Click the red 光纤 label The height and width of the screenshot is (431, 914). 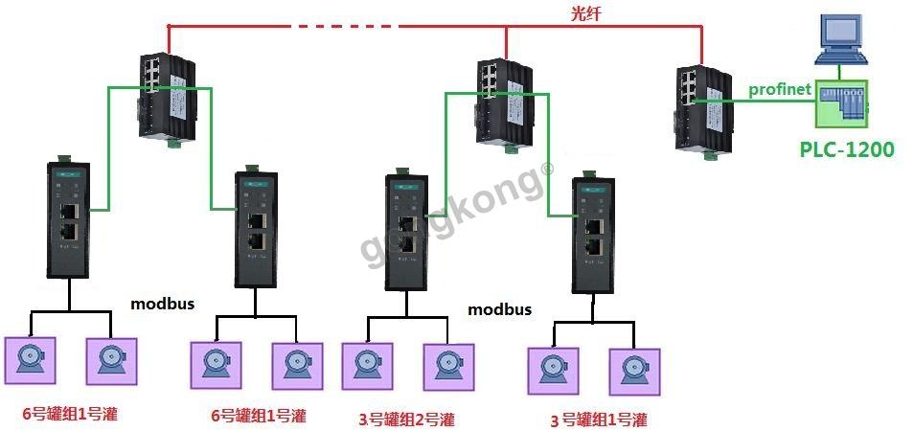tap(585, 14)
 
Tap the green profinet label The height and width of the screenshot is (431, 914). tap(780, 89)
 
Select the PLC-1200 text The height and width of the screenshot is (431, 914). tap(846, 149)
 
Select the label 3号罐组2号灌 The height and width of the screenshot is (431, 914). tap(407, 419)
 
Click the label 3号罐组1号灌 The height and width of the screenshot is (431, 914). tap(599, 420)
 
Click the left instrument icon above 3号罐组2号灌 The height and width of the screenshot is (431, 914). tap(367, 366)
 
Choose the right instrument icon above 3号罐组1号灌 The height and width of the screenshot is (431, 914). tap(635, 372)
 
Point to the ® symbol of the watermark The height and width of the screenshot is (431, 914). tap(547, 169)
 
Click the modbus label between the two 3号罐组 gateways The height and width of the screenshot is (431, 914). tap(500, 309)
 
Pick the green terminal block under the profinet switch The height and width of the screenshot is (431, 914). tap(710, 155)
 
